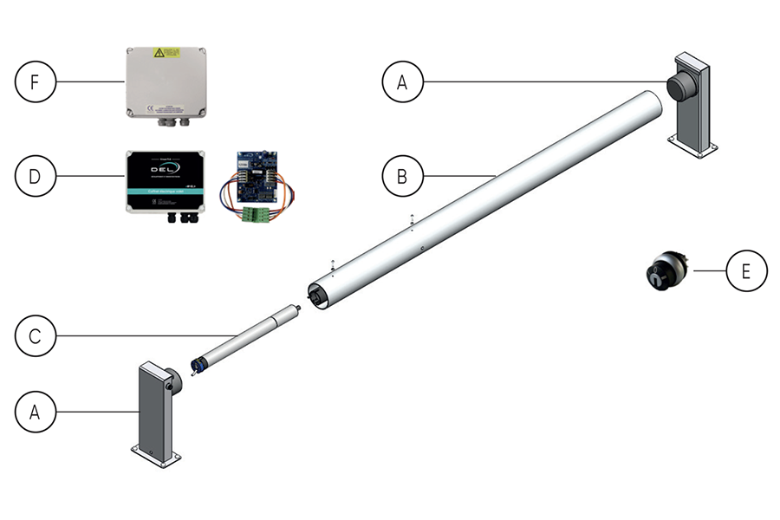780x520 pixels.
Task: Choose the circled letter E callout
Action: click(x=747, y=271)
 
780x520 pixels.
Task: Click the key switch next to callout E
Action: click(x=664, y=270)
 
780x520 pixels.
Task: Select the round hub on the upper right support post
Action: click(x=679, y=87)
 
